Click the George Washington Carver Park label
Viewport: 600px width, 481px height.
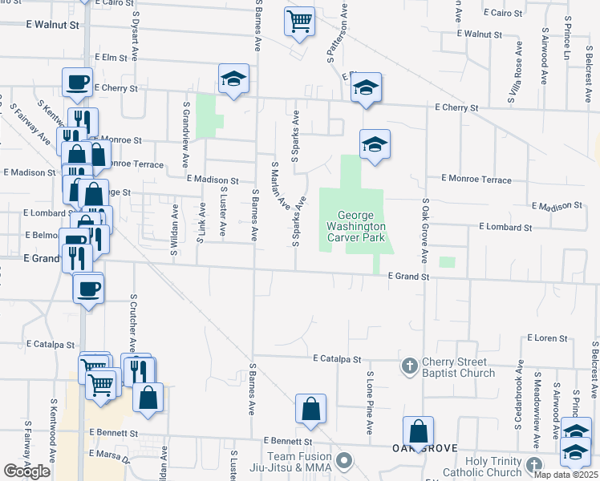(x=362, y=226)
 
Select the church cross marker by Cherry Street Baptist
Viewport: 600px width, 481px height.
(x=409, y=366)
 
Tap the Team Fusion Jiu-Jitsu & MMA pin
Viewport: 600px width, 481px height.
(x=345, y=460)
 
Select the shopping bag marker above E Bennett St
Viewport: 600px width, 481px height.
(x=310, y=409)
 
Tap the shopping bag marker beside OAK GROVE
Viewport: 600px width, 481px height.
(x=418, y=430)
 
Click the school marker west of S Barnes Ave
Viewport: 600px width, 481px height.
(x=233, y=78)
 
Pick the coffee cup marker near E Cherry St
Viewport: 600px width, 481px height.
(x=78, y=81)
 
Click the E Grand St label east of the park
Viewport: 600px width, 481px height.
(x=409, y=277)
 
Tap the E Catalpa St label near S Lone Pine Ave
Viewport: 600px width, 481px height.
(x=338, y=358)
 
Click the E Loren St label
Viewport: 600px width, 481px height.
(x=547, y=339)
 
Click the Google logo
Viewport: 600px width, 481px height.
(x=26, y=471)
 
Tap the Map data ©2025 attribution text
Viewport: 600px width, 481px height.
(x=566, y=475)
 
